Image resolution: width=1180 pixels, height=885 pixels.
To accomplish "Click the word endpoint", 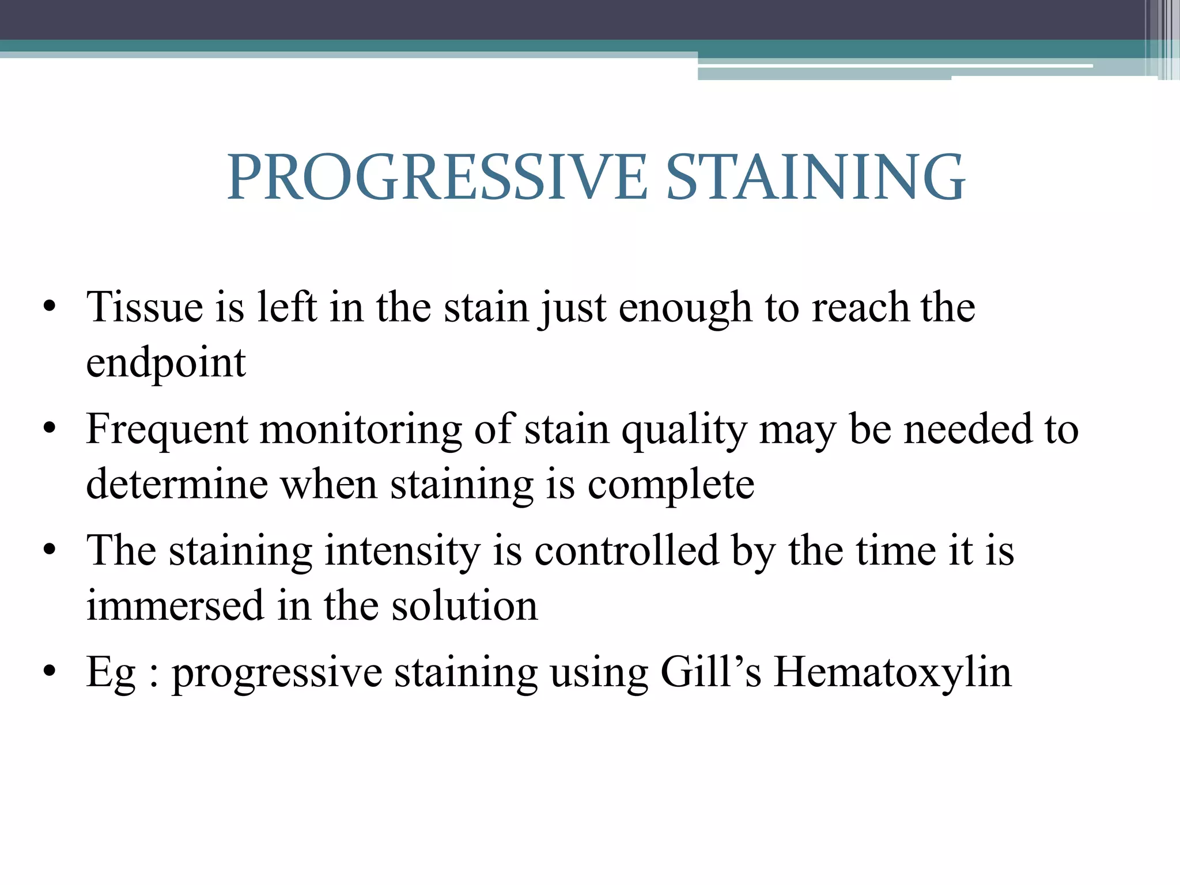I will (166, 364).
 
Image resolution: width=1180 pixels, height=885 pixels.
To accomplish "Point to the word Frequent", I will (167, 430).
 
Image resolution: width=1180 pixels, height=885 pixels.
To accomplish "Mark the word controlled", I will (627, 551).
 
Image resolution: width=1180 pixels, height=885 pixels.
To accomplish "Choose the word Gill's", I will (711, 672).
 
